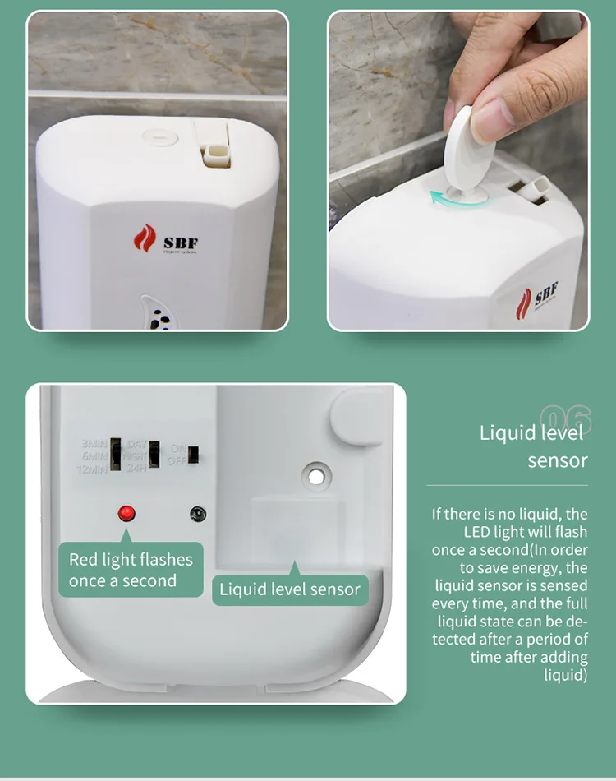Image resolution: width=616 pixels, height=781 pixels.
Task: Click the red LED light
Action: click(x=126, y=514)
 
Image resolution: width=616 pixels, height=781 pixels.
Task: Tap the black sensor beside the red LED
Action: click(x=197, y=514)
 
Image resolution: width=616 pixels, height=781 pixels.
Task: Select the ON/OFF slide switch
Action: click(x=193, y=455)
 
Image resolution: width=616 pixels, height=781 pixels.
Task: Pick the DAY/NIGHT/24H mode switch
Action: click(x=154, y=455)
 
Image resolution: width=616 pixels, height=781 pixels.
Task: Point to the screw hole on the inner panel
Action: click(x=314, y=476)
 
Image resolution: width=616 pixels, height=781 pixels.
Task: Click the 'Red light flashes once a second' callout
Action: click(x=131, y=570)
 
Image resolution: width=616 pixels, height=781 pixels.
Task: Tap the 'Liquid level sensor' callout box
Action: click(x=289, y=589)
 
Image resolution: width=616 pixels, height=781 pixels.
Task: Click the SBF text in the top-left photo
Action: click(x=180, y=243)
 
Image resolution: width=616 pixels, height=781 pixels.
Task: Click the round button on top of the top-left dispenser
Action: click(x=159, y=137)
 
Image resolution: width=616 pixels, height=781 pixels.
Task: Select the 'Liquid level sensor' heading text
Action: click(x=534, y=446)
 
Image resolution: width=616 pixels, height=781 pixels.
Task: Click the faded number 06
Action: click(x=566, y=418)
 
